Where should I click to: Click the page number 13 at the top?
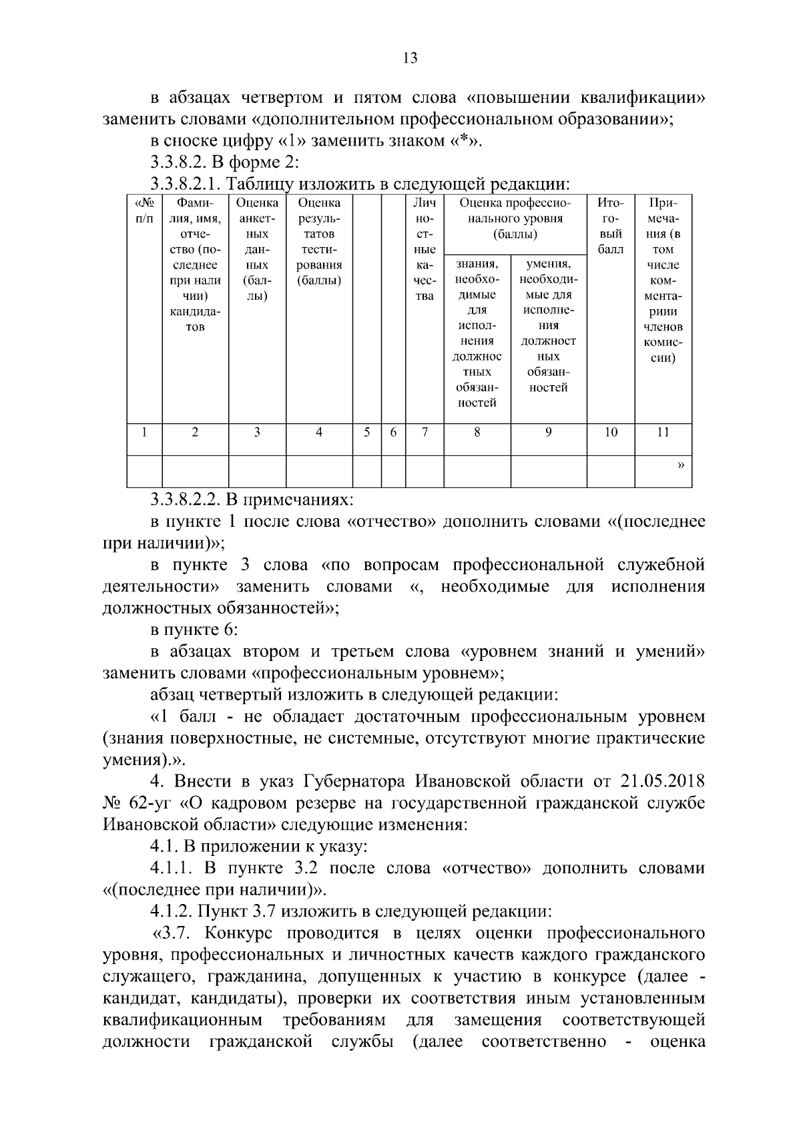410,58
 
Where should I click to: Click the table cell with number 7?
425,432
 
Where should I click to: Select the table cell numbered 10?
610,432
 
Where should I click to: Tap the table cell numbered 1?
144,432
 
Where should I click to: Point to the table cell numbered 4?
319,432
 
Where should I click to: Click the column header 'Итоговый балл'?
610,226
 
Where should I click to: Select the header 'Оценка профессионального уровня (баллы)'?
515,218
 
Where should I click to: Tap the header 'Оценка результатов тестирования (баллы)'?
319,241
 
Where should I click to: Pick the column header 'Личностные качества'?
425,249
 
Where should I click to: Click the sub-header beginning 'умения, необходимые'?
548,326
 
